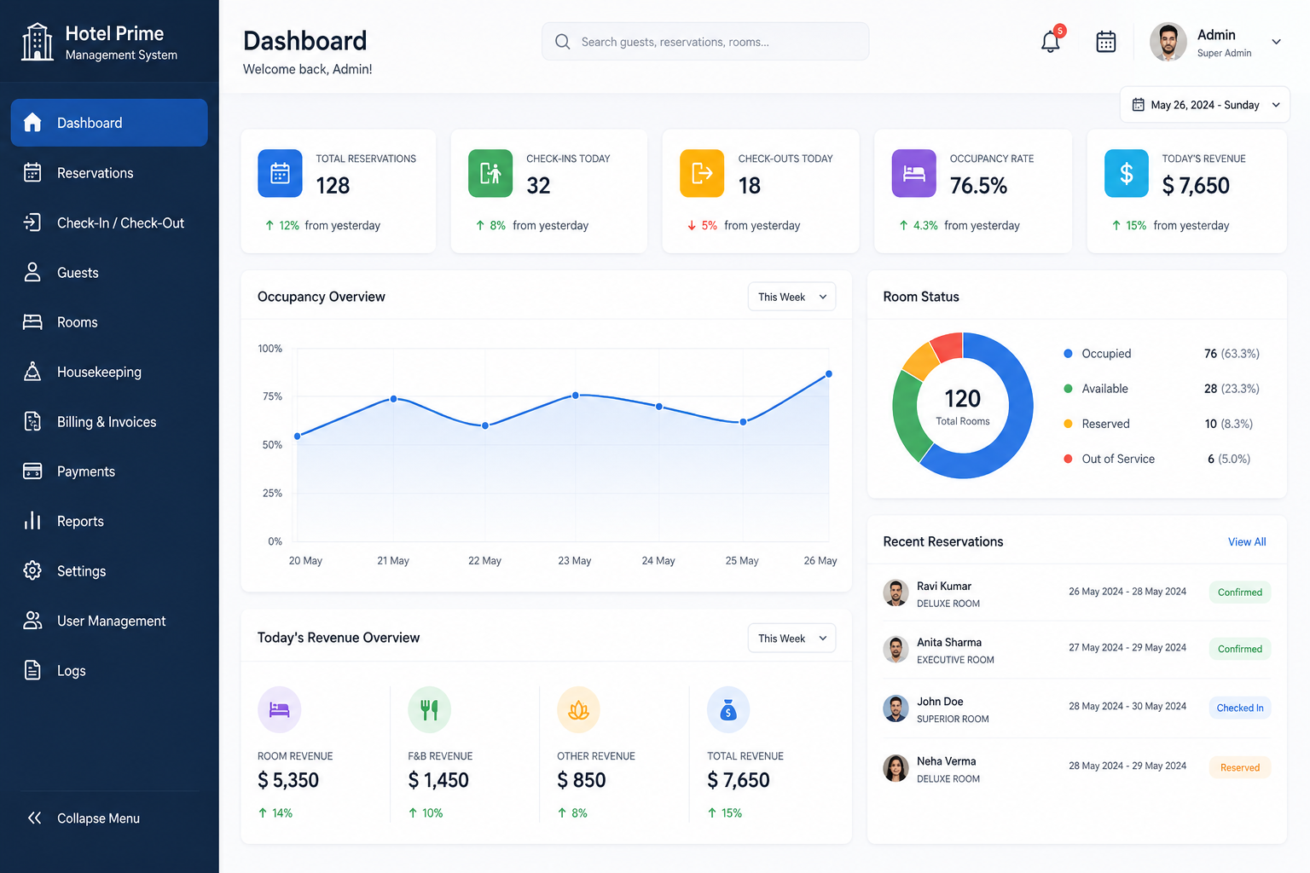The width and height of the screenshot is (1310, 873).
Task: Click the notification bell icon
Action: [x=1051, y=42]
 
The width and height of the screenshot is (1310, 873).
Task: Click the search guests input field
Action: [x=704, y=42]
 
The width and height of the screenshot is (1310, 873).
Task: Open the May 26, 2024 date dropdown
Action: [x=1205, y=105]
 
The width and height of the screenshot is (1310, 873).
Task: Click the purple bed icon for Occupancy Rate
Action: [x=913, y=173]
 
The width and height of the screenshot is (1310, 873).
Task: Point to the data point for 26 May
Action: [x=829, y=374]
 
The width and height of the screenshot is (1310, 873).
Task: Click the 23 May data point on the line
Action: [x=576, y=396]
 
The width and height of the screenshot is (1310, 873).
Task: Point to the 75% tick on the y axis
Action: [x=272, y=396]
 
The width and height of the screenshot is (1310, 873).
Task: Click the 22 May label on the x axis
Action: [x=484, y=561]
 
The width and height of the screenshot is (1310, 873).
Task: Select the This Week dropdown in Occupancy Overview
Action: [x=791, y=297]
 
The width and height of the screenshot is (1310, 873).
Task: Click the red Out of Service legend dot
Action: [x=1068, y=459]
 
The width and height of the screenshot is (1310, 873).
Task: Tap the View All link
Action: [x=1247, y=542]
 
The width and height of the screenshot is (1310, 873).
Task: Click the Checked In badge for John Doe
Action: [x=1240, y=708]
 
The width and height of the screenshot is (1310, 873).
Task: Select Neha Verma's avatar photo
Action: [x=896, y=768]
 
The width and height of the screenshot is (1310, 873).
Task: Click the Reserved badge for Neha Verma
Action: [x=1240, y=768]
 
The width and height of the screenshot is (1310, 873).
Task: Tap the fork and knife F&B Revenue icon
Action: [x=429, y=709]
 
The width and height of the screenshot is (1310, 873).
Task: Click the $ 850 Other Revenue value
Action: [x=582, y=780]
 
